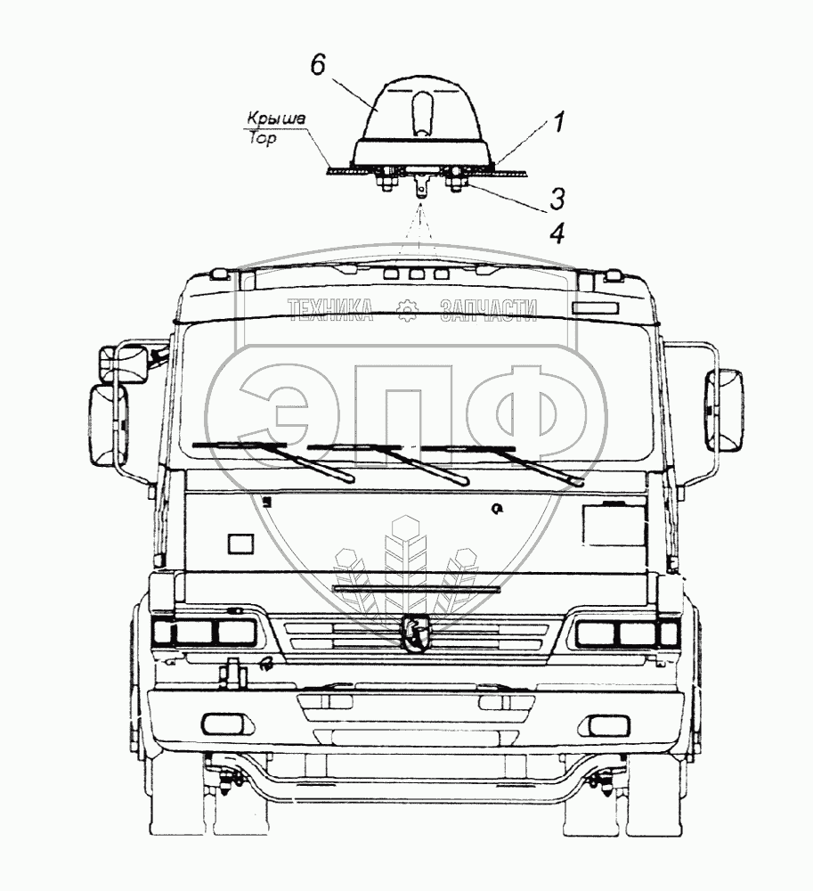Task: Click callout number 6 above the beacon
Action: coord(318,66)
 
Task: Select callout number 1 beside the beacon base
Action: coord(559,123)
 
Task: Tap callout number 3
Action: coord(557,199)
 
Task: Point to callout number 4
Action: coord(557,233)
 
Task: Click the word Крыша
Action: coord(276,119)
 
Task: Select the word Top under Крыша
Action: coord(263,139)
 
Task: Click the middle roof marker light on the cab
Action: coord(418,274)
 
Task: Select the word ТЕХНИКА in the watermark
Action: coord(329,310)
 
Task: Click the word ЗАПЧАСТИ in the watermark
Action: coord(488,310)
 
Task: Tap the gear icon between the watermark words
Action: coord(406,310)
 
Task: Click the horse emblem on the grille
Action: coord(417,633)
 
